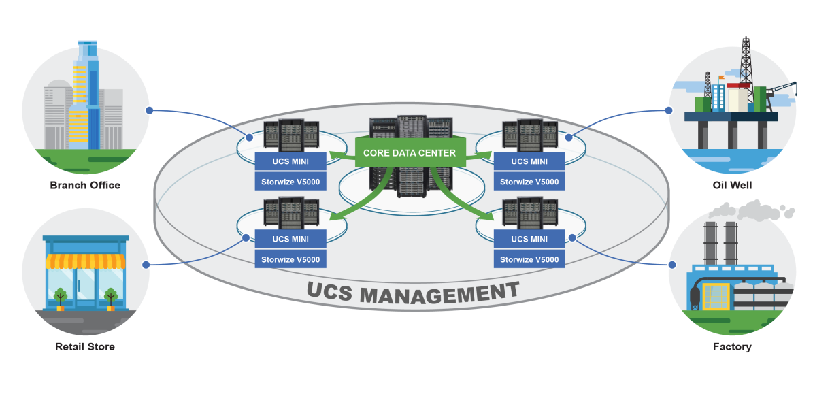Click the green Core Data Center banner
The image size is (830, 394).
coord(409,153)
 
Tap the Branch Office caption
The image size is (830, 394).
coord(85,185)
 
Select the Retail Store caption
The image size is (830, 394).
coord(85,347)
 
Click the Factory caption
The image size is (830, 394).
coord(732,347)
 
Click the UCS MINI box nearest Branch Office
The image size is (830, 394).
coord(290,161)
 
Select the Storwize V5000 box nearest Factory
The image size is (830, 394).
coord(529,259)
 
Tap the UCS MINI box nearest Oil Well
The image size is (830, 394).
coord(529,161)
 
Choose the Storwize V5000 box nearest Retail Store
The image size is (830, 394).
coord(290,259)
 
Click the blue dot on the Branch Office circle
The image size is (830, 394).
coord(148,110)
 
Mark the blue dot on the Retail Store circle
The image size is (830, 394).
coord(145,265)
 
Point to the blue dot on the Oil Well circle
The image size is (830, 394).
coord(668,110)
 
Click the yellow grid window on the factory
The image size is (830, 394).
coord(715,296)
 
